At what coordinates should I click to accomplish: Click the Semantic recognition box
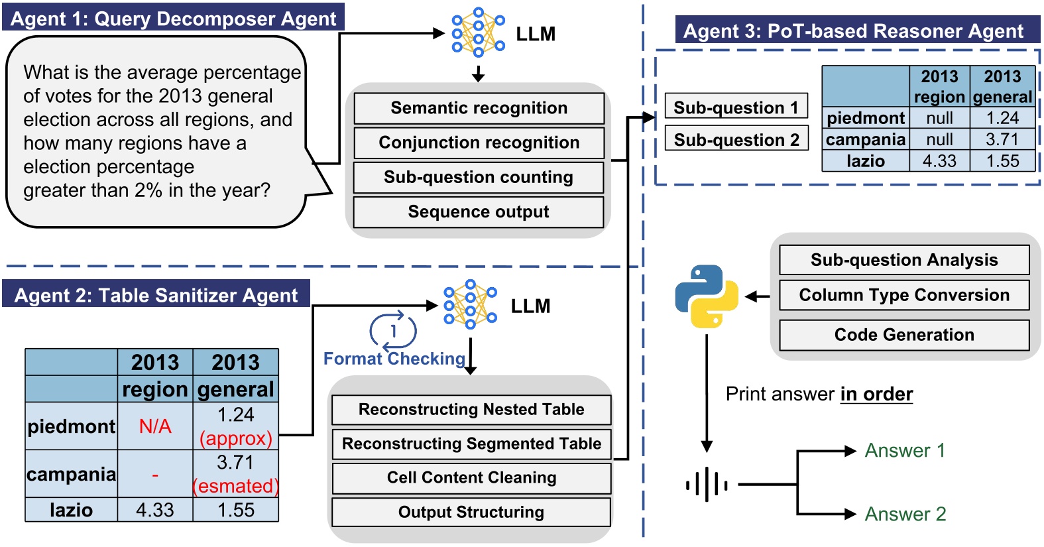[479, 108]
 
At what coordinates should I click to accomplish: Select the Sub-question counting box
[479, 177]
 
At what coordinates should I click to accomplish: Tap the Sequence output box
[479, 212]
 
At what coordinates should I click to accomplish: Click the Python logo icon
[706, 296]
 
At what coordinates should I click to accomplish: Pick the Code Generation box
[904, 335]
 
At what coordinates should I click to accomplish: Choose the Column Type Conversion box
[904, 295]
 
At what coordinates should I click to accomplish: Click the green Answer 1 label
[904, 451]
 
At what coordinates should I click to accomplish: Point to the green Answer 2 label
[905, 514]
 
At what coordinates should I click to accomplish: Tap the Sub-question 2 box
[736, 140]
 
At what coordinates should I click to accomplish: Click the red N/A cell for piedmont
[155, 426]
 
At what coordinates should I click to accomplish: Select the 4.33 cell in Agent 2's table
[155, 510]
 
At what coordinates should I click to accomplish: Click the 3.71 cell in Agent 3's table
[1002, 139]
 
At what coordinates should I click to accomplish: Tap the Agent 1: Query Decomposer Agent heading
[174, 19]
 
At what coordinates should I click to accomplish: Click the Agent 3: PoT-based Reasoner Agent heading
[853, 31]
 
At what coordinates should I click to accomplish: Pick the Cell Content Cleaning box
[471, 478]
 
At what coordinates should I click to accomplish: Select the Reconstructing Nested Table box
[471, 410]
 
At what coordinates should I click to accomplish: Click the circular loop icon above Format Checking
[393, 330]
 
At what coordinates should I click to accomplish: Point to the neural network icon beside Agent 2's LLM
[470, 305]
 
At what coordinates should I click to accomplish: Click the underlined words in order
[876, 395]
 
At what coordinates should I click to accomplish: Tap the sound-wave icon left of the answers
[707, 485]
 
